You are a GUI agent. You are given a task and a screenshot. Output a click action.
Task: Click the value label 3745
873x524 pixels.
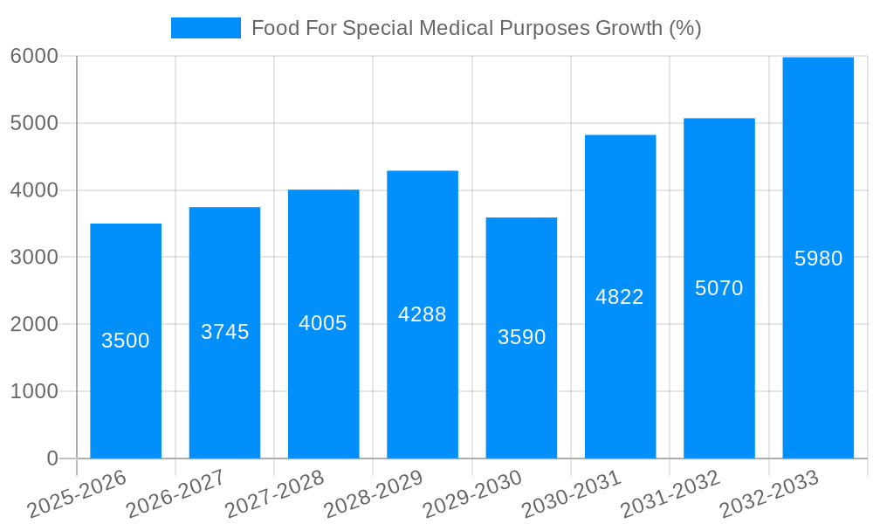click(224, 332)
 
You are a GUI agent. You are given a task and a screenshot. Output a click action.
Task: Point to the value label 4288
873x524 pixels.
click(423, 314)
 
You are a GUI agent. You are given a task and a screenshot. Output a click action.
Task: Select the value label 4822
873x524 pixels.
click(620, 297)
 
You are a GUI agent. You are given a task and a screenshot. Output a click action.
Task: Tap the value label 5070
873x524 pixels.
click(718, 288)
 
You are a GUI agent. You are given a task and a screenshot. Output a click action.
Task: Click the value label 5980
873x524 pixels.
click(818, 259)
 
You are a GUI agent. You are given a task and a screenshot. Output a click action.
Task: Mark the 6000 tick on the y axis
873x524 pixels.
click(35, 56)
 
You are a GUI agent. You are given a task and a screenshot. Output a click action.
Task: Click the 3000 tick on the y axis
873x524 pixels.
click(35, 258)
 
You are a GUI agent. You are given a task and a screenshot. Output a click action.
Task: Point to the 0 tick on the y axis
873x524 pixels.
click(52, 458)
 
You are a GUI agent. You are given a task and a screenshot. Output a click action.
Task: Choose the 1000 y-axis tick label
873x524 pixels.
click(35, 391)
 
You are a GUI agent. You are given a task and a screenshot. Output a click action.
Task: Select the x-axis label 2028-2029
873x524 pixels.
click(374, 494)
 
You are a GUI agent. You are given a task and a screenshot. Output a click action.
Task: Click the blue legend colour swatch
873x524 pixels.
click(206, 28)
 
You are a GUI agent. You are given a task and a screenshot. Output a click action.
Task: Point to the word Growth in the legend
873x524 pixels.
click(629, 28)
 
